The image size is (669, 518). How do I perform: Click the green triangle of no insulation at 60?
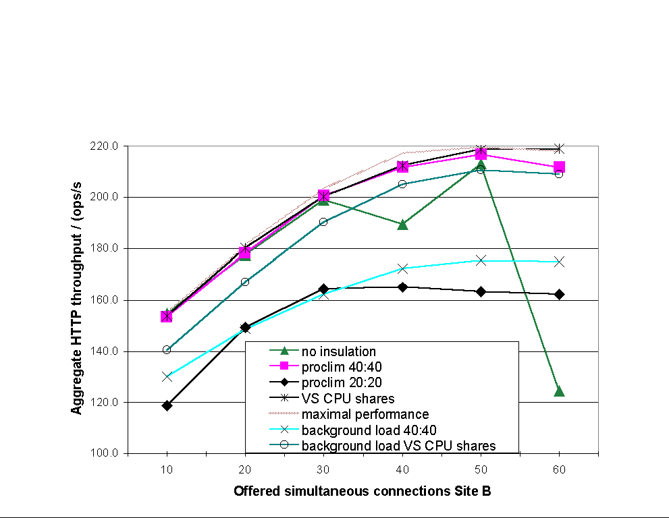(559, 391)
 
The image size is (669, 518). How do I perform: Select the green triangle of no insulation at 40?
(402, 224)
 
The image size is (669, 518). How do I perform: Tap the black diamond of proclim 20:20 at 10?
(167, 405)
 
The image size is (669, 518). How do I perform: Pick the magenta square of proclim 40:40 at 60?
(559, 167)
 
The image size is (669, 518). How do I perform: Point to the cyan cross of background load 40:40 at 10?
(167, 376)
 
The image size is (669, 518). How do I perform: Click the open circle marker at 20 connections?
(245, 282)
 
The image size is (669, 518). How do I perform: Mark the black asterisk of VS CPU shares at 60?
(559, 148)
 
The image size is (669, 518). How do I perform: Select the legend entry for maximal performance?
(365, 414)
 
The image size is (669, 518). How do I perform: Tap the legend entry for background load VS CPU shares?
(398, 446)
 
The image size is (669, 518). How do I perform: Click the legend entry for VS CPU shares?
(348, 398)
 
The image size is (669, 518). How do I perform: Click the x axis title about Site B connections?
(362, 492)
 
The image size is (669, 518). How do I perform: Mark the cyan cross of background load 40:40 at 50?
(481, 260)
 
